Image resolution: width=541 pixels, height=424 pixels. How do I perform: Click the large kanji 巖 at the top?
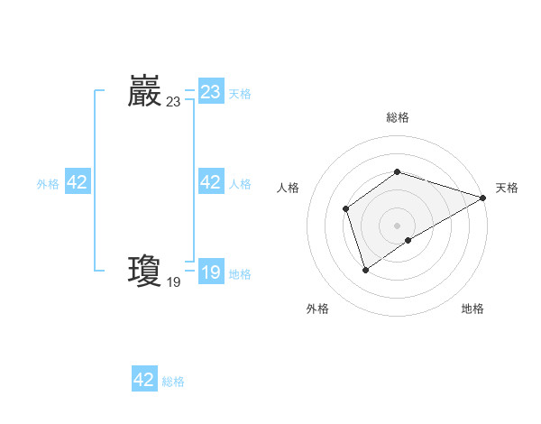click(x=144, y=92)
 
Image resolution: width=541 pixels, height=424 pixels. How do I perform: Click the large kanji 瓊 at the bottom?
click(x=144, y=271)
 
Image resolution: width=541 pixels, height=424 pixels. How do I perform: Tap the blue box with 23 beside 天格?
click(x=211, y=92)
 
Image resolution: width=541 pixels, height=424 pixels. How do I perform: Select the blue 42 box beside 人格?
click(x=211, y=182)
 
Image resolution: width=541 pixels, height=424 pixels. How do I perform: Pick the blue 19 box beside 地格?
click(x=211, y=272)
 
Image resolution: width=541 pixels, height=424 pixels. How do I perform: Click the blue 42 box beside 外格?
click(x=78, y=182)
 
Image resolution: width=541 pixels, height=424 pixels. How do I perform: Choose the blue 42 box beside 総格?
click(x=144, y=380)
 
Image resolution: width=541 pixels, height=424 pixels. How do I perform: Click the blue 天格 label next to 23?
click(x=240, y=93)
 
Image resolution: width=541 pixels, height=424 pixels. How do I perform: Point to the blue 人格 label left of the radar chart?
click(x=240, y=183)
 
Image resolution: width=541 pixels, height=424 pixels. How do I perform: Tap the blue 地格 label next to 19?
click(x=240, y=273)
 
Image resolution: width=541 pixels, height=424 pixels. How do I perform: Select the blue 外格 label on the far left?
click(x=48, y=183)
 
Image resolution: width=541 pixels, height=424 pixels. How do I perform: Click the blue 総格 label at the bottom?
click(x=173, y=381)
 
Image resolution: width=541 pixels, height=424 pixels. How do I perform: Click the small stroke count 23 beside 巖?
click(x=173, y=103)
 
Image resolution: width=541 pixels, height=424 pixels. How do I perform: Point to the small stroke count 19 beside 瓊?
click(x=173, y=282)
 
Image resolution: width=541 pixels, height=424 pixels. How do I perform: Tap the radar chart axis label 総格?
click(x=398, y=117)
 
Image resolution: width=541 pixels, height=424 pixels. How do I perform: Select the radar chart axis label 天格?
click(x=507, y=188)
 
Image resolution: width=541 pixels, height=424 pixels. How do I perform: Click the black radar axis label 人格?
click(x=288, y=188)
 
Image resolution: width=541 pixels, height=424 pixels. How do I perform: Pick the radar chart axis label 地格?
click(x=472, y=309)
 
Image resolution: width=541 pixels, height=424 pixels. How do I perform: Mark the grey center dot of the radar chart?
click(x=398, y=226)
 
